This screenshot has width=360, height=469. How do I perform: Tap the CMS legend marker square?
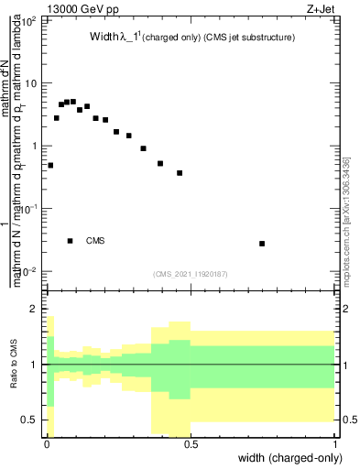coord(71,241)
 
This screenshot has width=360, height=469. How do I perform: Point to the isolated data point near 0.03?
coord(262,244)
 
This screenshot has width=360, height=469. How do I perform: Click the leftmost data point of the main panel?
coord(50,166)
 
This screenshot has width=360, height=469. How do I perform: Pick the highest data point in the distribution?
coord(73,102)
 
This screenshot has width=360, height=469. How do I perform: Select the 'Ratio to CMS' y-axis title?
coord(14,367)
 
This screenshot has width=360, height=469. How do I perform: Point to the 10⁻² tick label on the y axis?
coord(27,271)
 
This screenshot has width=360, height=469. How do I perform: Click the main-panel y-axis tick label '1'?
coord(33,146)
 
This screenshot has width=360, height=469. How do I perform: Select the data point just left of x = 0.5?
coord(180,173)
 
